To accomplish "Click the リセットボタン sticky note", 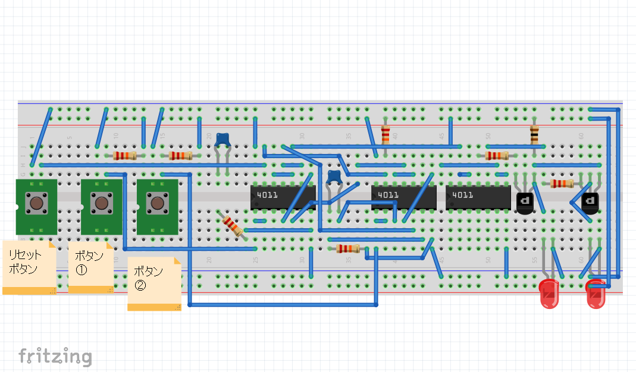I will coord(29,266).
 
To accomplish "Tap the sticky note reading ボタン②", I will coord(154,283).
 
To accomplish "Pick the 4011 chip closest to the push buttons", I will coord(283,197).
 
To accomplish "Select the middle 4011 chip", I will coord(403,197).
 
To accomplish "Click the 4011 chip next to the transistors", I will coord(478,197).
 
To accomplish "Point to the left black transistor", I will coord(525,203).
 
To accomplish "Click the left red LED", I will coord(549,294).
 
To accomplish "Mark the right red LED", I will coord(596,295).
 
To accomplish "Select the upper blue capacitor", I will coord(223,140).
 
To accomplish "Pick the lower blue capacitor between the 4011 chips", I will coord(334,176).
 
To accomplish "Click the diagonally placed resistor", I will coord(231,225).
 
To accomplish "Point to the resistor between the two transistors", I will coord(562,184).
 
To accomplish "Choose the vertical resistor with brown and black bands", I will coord(535,135).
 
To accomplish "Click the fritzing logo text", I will coord(55,356).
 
